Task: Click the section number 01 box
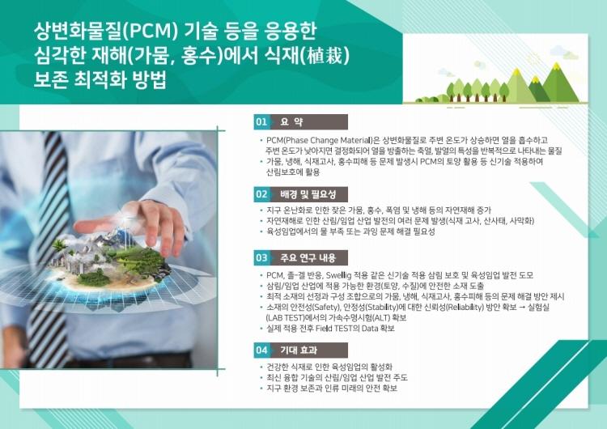261,122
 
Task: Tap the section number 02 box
261,194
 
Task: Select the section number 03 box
261,258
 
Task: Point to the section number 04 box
261,350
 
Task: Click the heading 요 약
292,122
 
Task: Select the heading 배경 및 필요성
308,194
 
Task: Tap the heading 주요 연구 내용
308,258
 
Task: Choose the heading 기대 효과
299,350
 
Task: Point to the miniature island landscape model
112,261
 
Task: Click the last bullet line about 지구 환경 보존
331,389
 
